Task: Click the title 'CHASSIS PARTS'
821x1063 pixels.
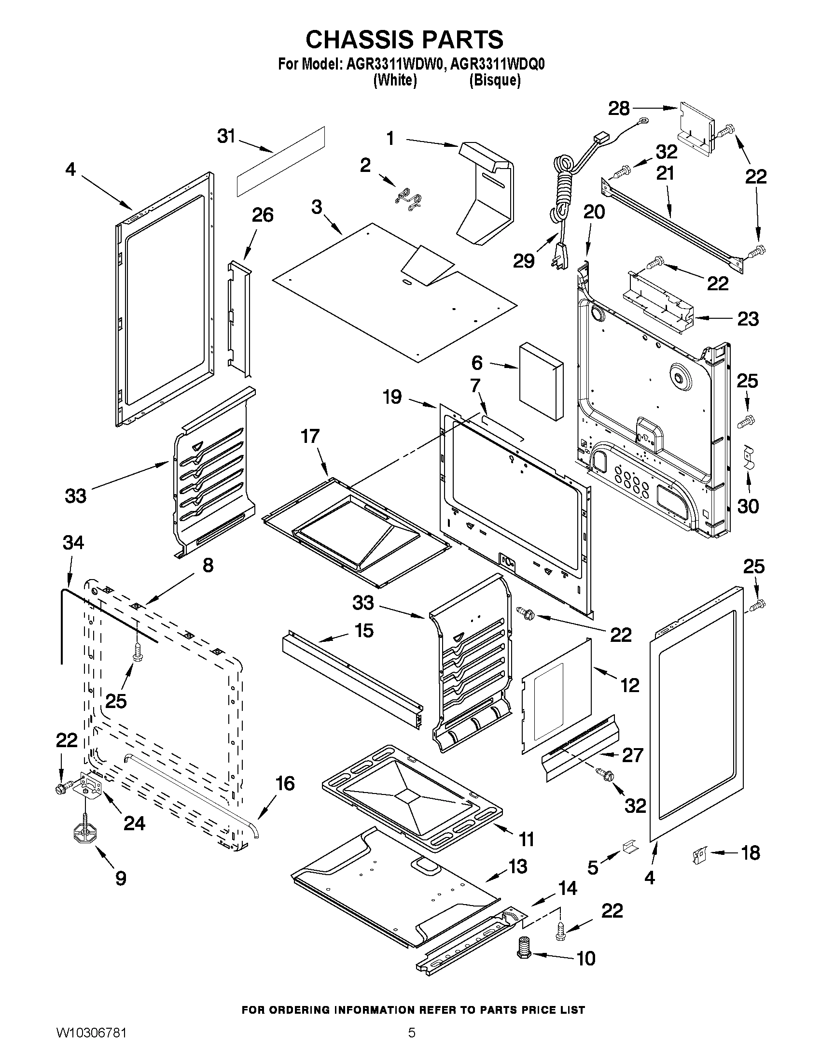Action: [x=404, y=39]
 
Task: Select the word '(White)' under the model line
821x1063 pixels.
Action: [x=394, y=81]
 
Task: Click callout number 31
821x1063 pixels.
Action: [x=226, y=137]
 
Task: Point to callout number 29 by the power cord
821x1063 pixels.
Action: [x=524, y=261]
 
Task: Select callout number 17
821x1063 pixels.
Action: [x=310, y=436]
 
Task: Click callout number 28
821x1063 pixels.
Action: [x=619, y=109]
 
